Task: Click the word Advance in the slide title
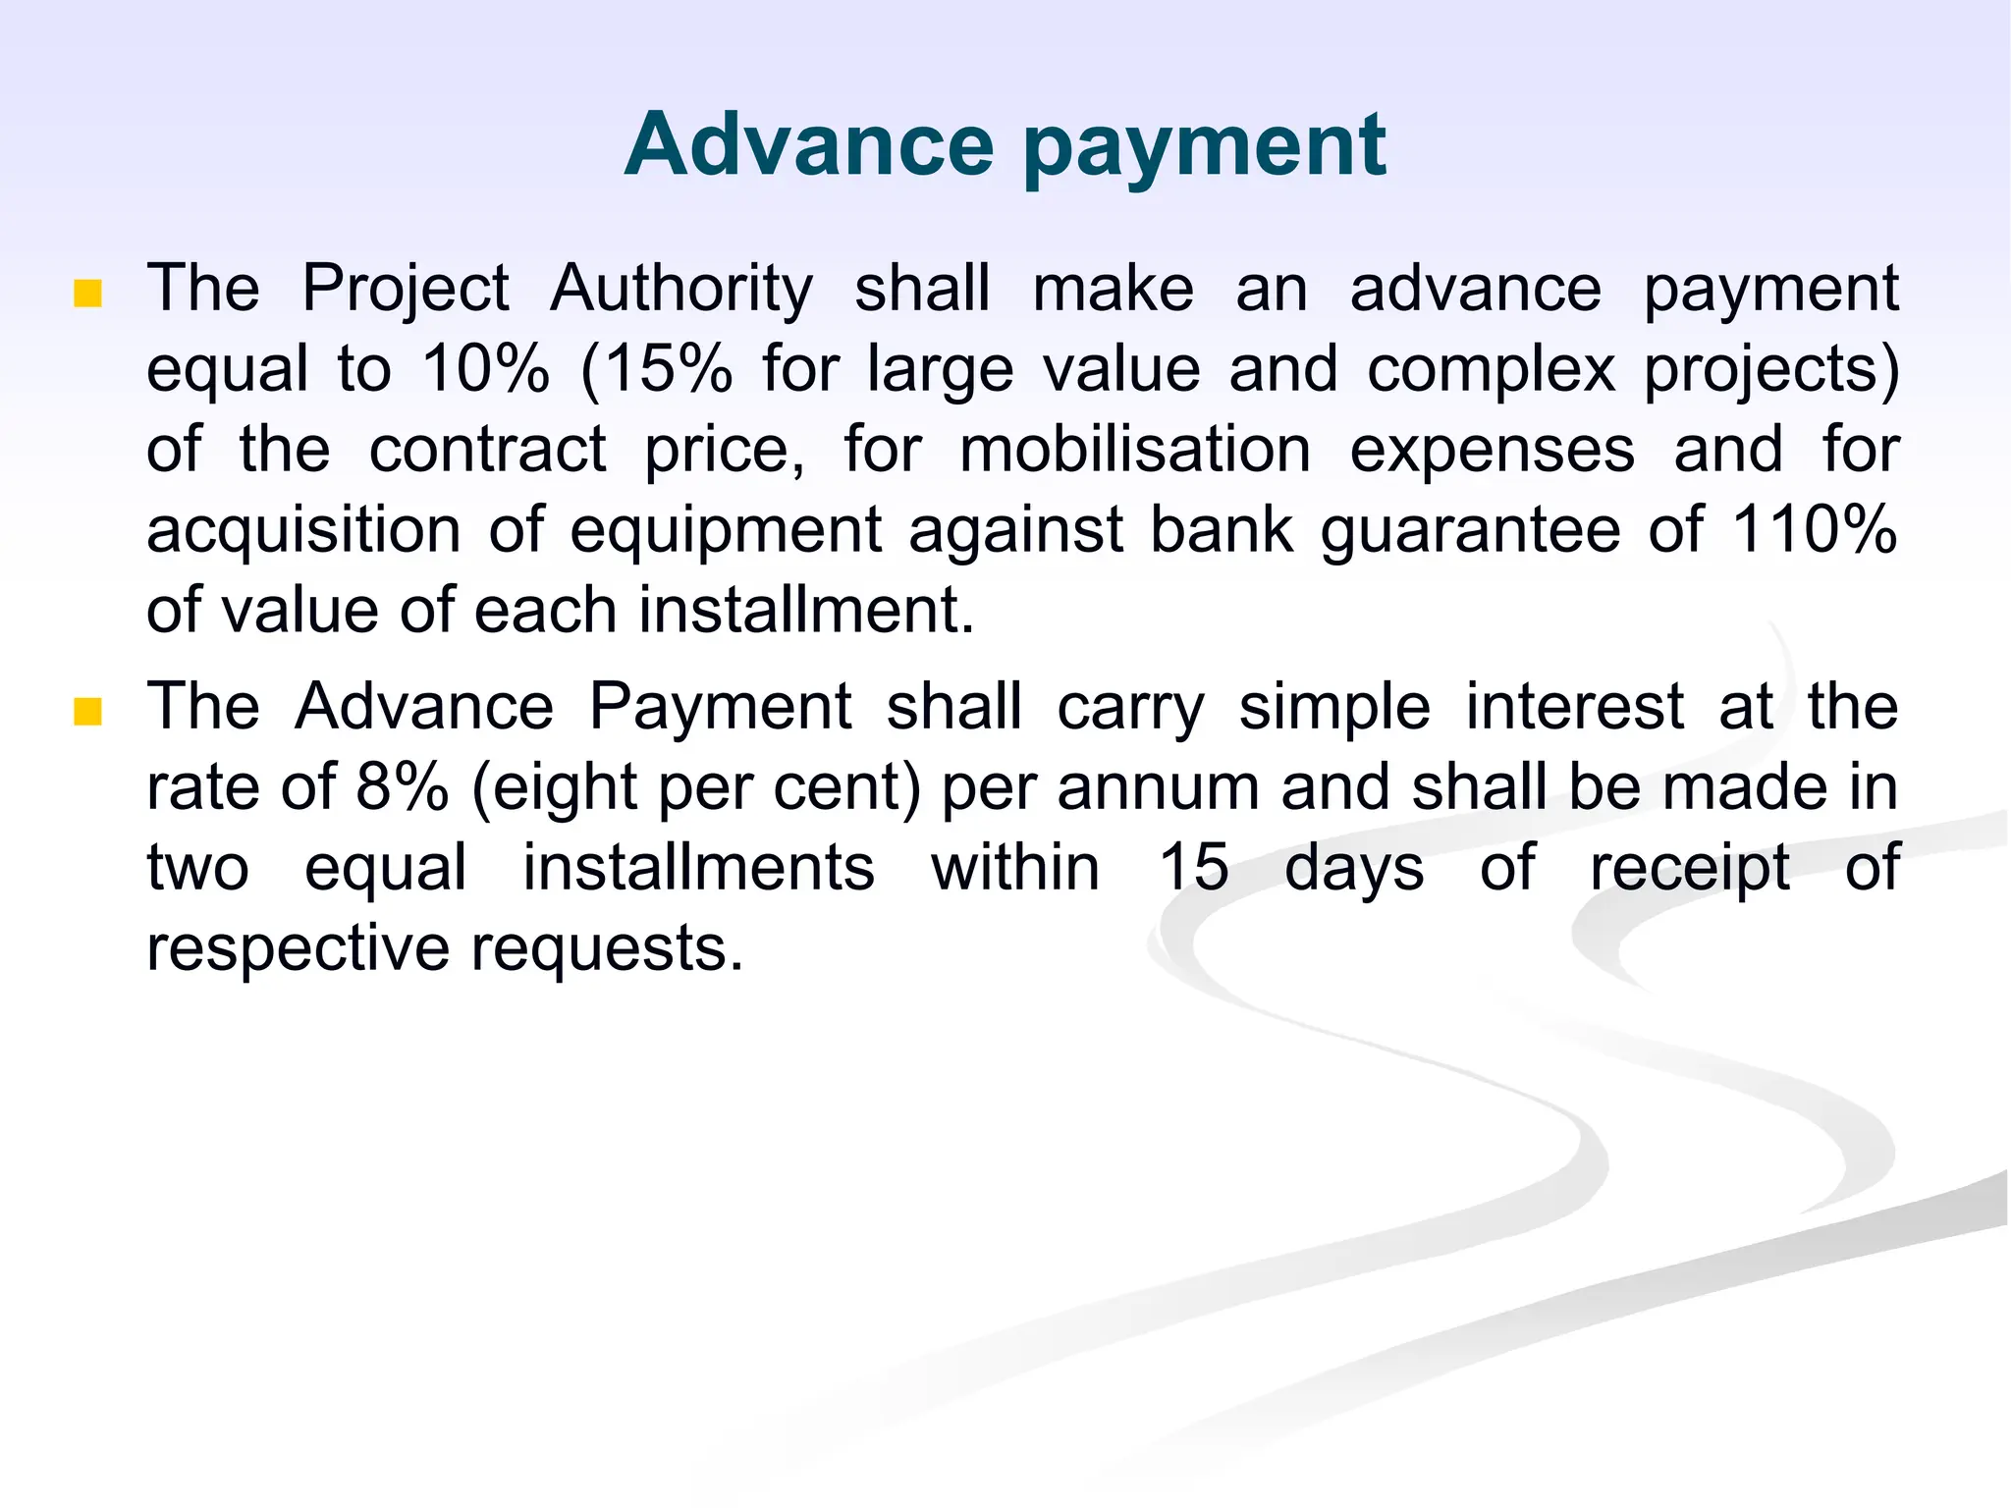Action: [809, 144]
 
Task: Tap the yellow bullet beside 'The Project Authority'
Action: [88, 293]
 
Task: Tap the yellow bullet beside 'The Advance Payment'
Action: [88, 711]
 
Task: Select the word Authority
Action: [681, 290]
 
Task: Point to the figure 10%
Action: [485, 369]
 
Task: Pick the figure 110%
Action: [1814, 530]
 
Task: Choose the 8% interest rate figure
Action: [403, 787]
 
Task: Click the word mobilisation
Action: [1135, 450]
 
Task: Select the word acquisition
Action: [303, 531]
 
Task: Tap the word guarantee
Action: [1470, 531]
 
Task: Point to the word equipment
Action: [726, 531]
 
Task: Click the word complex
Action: [1491, 371]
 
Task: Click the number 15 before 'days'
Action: [1193, 868]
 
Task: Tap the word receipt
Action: [1690, 870]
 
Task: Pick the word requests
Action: [606, 950]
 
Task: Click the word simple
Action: [1334, 709]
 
